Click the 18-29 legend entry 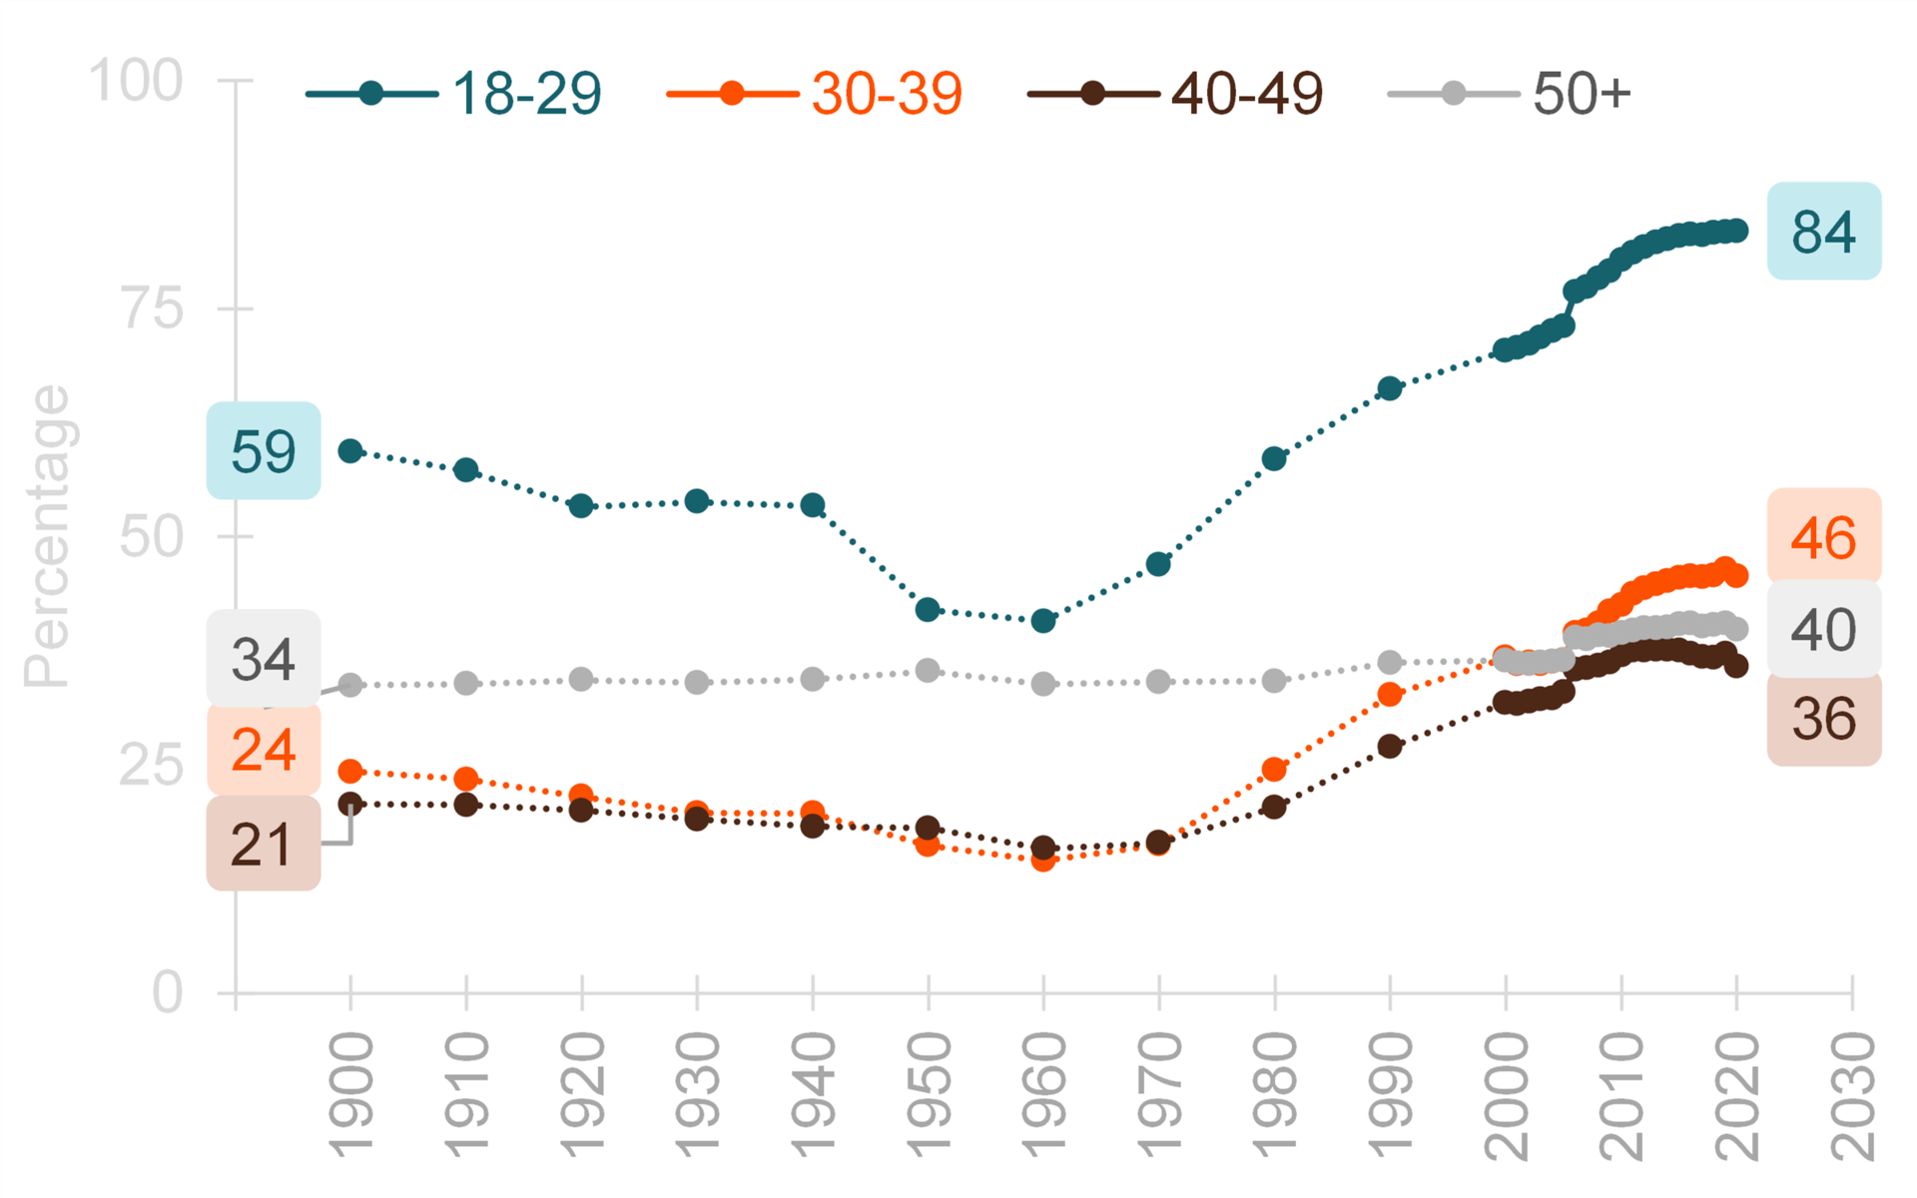tap(454, 94)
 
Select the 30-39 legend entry tap(815, 94)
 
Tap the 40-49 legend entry tap(1175, 94)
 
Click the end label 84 tap(1823, 232)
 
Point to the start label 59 tap(264, 451)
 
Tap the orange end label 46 tap(1823, 537)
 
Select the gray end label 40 tap(1823, 630)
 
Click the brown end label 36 tap(1823, 719)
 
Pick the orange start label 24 tap(264, 750)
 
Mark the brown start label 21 tap(264, 845)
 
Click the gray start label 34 tap(264, 659)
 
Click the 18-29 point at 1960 tap(1043, 621)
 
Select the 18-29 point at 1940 tap(813, 505)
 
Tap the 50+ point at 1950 tap(928, 670)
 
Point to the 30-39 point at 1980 tap(1274, 769)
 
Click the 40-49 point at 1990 tap(1390, 746)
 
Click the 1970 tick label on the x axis tap(1159, 1095)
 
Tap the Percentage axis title tap(47, 536)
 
